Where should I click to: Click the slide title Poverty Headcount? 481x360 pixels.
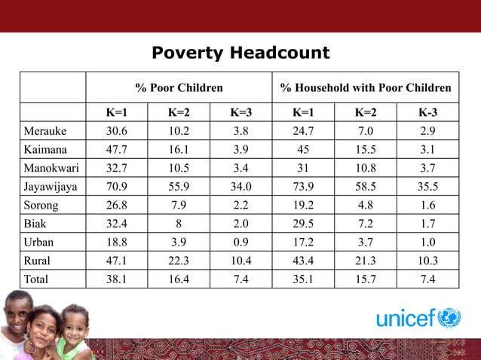pyautogui.click(x=240, y=53)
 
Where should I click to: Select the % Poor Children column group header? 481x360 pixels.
pyautogui.click(x=179, y=87)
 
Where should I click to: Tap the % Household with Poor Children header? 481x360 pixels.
pyautogui.click(x=366, y=87)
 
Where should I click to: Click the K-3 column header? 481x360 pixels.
pyautogui.click(x=427, y=113)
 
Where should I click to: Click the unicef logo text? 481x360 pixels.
pyautogui.click(x=406, y=319)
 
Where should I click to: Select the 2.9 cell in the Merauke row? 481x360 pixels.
pyautogui.click(x=427, y=130)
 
